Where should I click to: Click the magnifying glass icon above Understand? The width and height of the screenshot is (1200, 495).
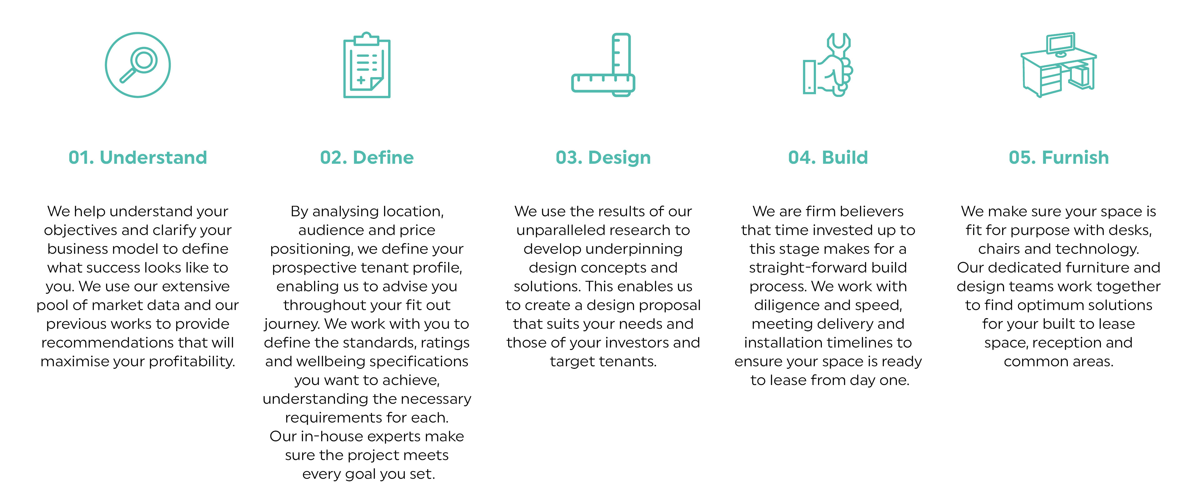coord(138,65)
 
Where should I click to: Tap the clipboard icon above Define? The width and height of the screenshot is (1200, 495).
coord(367,66)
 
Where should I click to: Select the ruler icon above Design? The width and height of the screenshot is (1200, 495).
coord(603,65)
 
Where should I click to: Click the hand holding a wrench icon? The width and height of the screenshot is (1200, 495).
coord(828,65)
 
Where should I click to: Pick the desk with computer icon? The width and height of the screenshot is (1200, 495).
coord(1058,65)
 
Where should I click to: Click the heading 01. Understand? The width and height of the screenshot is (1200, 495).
coord(138,157)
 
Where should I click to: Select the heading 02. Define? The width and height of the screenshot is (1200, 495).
coord(367,157)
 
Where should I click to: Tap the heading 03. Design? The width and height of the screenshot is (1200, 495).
coord(603,157)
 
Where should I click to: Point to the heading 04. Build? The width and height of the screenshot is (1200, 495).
coord(828,157)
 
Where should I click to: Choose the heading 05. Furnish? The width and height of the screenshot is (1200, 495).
coord(1058,157)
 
